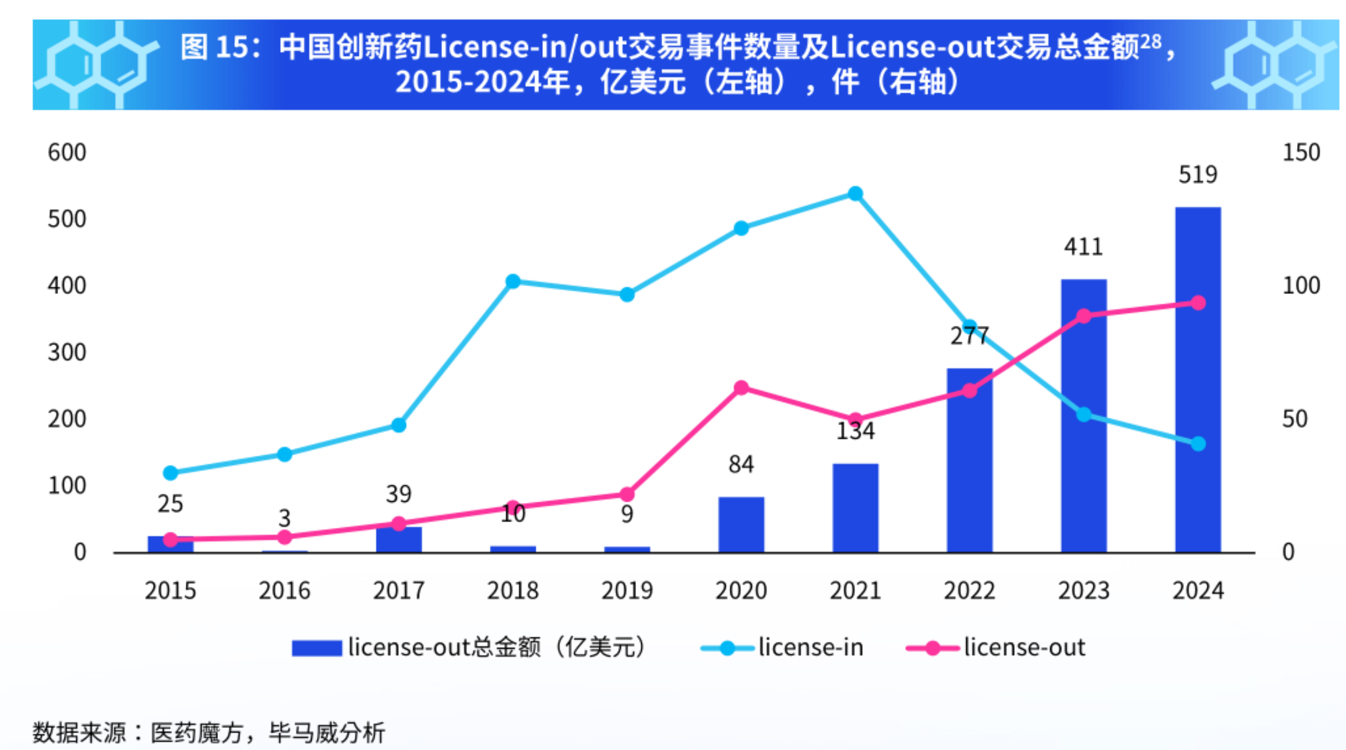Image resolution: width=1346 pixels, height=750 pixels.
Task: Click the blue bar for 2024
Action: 1197,379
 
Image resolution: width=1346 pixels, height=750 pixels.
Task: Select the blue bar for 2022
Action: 969,460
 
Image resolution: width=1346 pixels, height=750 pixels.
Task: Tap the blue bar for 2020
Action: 741,524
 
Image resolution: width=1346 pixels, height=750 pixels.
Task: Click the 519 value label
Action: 1197,175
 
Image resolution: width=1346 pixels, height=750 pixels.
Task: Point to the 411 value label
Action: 1083,247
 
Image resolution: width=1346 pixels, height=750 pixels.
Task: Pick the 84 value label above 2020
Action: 741,464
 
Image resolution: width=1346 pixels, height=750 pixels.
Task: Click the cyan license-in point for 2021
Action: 855,193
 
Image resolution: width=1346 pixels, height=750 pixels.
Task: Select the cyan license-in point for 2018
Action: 513,281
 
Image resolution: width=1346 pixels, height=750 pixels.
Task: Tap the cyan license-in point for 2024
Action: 1197,443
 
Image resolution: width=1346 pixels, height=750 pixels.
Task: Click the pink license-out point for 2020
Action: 741,388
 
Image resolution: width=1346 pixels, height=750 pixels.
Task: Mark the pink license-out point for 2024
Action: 1197,302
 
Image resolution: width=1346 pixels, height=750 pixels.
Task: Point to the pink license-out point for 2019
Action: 627,494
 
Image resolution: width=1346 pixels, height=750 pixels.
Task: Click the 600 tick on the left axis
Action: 67,153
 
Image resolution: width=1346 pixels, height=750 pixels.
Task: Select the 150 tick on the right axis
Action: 1301,153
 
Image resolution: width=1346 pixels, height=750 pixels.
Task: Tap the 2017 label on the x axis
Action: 398,591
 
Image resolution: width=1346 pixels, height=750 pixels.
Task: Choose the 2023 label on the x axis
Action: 1083,591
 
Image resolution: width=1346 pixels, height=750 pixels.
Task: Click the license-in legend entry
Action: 810,647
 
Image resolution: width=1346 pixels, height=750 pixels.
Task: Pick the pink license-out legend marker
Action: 932,647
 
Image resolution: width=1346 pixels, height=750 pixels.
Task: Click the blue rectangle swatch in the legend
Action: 316,648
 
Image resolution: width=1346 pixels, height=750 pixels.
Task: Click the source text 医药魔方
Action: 196,733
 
